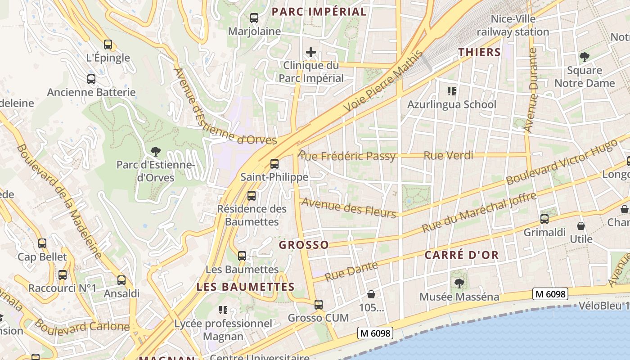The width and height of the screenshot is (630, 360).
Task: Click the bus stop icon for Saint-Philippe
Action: (x=274, y=164)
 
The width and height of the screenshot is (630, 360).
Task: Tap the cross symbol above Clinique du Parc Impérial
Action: (x=310, y=53)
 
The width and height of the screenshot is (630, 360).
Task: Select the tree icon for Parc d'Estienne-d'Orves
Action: (x=156, y=152)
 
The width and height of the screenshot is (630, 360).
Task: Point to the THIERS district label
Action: (x=480, y=52)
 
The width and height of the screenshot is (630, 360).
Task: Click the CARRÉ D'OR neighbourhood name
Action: (x=462, y=255)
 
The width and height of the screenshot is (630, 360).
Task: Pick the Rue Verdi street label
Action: (x=449, y=156)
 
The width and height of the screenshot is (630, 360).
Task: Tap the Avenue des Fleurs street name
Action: (x=348, y=207)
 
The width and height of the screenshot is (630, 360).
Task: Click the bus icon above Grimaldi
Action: (x=544, y=219)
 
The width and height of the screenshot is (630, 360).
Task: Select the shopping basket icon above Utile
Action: (x=581, y=225)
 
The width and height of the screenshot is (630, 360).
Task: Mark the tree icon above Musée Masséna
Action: (x=459, y=283)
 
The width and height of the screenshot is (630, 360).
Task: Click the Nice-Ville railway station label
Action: (x=513, y=25)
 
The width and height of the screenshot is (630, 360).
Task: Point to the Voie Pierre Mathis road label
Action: (x=383, y=82)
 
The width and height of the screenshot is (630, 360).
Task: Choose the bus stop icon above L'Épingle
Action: (x=108, y=45)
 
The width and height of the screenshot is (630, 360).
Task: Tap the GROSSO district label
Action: (x=304, y=245)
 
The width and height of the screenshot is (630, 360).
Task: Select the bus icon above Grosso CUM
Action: (x=319, y=305)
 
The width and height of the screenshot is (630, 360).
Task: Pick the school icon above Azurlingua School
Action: (x=452, y=92)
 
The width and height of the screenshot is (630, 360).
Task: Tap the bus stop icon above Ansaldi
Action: (x=121, y=280)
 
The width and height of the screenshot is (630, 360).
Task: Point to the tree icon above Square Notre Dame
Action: (x=585, y=57)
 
